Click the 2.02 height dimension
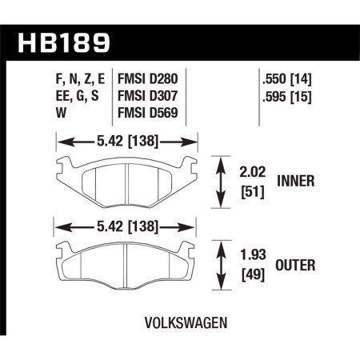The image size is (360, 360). click(x=257, y=170)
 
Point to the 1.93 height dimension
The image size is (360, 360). click(x=257, y=257)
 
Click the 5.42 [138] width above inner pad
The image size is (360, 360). click(x=127, y=142)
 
